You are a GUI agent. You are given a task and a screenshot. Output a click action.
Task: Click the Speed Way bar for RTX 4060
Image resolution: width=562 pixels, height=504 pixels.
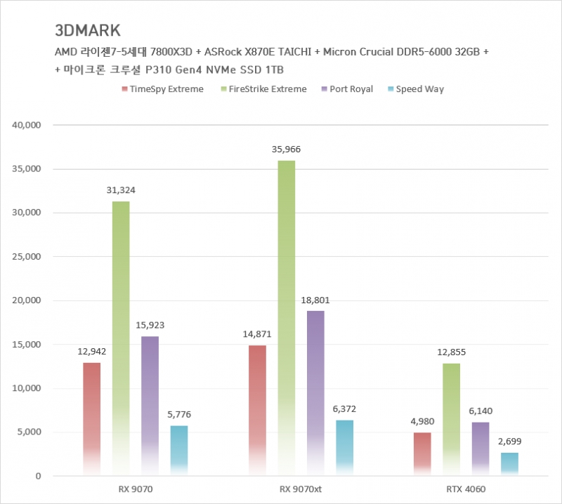pyautogui.click(x=509, y=464)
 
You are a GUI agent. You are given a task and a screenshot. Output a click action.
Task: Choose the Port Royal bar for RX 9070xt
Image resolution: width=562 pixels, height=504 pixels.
pyautogui.click(x=315, y=393)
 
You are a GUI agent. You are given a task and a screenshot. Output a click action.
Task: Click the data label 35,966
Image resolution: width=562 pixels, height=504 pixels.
pyautogui.click(x=286, y=150)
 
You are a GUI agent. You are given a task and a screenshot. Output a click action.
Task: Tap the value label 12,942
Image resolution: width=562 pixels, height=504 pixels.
pyautogui.click(x=91, y=351)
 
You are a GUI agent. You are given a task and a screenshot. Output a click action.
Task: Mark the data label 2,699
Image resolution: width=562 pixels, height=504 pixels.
pyautogui.click(x=509, y=442)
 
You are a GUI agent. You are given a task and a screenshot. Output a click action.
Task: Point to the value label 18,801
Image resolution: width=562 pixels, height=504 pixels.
pyautogui.click(x=315, y=300)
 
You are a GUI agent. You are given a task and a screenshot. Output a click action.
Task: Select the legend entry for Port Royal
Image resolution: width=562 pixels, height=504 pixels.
pyautogui.click(x=347, y=89)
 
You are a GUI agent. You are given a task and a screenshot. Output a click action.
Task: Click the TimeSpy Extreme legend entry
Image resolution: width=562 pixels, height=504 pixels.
pyautogui.click(x=163, y=89)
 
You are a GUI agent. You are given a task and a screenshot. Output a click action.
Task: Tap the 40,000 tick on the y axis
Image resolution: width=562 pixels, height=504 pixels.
pyautogui.click(x=29, y=125)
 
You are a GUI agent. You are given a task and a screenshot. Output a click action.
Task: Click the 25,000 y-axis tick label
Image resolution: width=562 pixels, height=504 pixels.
pyautogui.click(x=29, y=257)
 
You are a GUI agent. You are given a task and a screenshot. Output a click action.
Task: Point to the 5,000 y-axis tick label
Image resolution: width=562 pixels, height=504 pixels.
pyautogui.click(x=32, y=432)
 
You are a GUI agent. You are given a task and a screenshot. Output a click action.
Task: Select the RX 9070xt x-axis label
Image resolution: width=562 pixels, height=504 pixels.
pyautogui.click(x=301, y=489)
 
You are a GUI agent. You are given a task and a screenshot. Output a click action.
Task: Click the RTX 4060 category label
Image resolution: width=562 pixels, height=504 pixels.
pyautogui.click(x=466, y=489)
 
